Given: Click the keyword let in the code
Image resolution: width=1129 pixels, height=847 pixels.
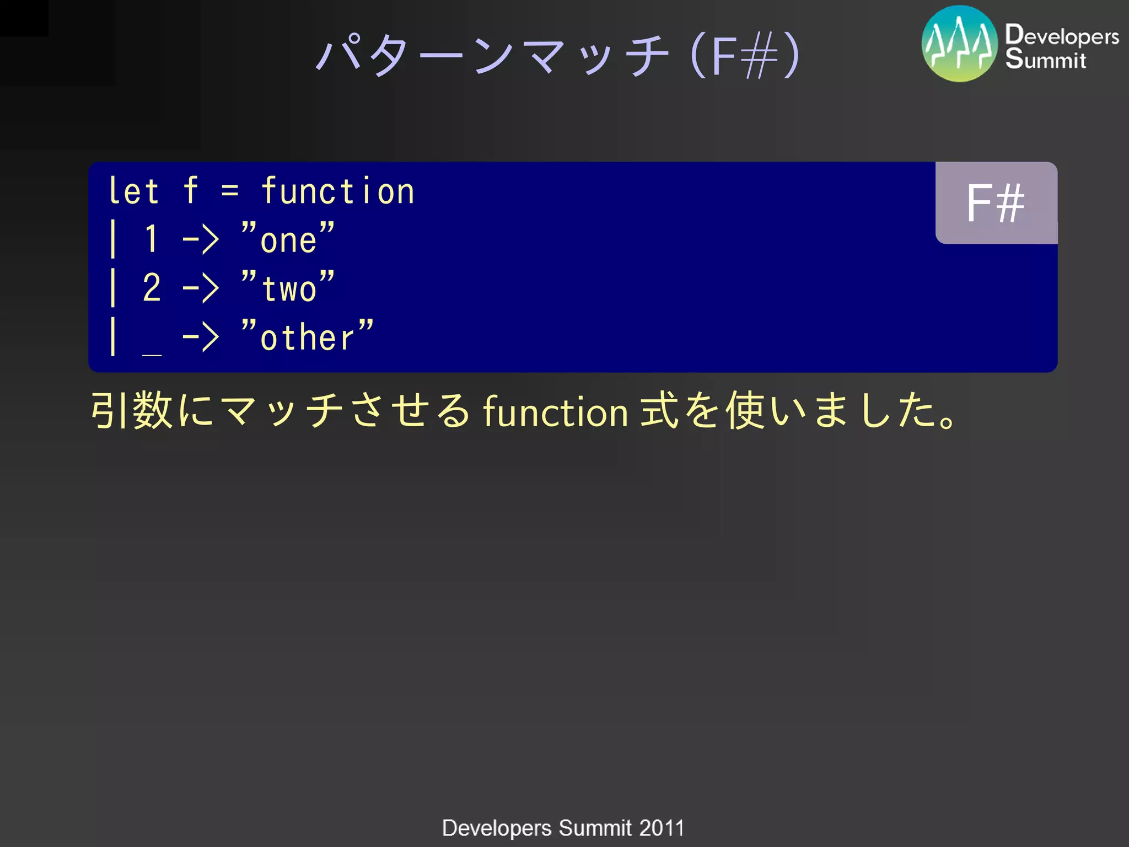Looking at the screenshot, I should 134,191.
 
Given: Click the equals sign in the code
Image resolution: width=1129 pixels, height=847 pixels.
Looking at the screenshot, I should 230,191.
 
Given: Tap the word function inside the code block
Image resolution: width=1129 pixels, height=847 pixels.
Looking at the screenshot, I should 337,191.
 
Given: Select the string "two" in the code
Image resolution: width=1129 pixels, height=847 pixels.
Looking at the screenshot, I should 288,287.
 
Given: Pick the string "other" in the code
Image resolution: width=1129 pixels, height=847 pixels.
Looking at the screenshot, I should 308,336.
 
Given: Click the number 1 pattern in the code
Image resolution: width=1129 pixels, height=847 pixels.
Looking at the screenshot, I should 152,239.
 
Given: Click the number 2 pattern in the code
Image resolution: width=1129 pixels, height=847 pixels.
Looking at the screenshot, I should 152,288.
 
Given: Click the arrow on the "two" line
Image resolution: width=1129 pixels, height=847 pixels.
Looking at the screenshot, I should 201,288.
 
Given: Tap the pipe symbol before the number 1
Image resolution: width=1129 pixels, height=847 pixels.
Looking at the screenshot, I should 113,239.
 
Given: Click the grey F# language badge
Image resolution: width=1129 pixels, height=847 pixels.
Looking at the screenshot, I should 996,203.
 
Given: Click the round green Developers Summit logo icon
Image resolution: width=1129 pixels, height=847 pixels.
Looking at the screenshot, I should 959,44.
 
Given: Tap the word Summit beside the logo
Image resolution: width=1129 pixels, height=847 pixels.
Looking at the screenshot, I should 1045,59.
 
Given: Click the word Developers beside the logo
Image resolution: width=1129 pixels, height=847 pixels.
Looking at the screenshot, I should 1062,35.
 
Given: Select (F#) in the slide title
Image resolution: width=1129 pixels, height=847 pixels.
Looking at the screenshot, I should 744,56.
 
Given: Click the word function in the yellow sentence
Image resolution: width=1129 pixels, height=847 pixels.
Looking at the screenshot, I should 555,411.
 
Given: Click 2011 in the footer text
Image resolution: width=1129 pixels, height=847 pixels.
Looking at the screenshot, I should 662,828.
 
